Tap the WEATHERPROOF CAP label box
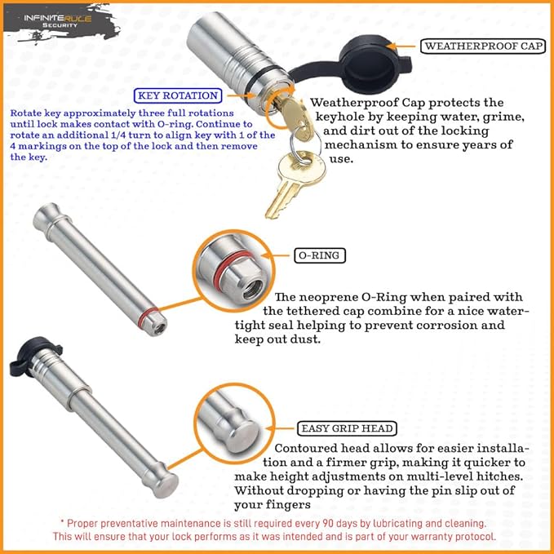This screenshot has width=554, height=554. coord(482,46)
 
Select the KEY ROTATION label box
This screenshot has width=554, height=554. coord(179,95)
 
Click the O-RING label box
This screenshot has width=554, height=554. coord(320,255)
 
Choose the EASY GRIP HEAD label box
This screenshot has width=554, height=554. coord(348,428)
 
